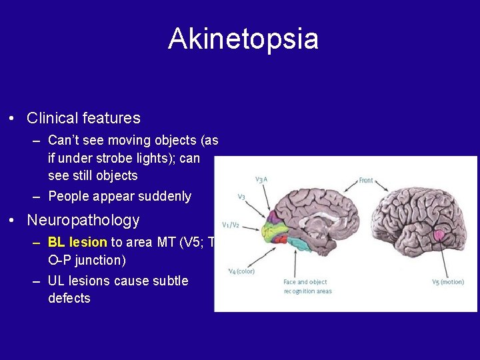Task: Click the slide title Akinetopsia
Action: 243,39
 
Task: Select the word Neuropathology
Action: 83,220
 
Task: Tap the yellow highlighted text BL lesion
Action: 77,243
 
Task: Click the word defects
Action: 69,299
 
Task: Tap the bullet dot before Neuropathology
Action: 12,221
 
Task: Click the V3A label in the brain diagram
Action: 261,179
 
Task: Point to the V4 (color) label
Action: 241,271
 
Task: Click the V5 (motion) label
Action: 447,281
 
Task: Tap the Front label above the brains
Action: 366,181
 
